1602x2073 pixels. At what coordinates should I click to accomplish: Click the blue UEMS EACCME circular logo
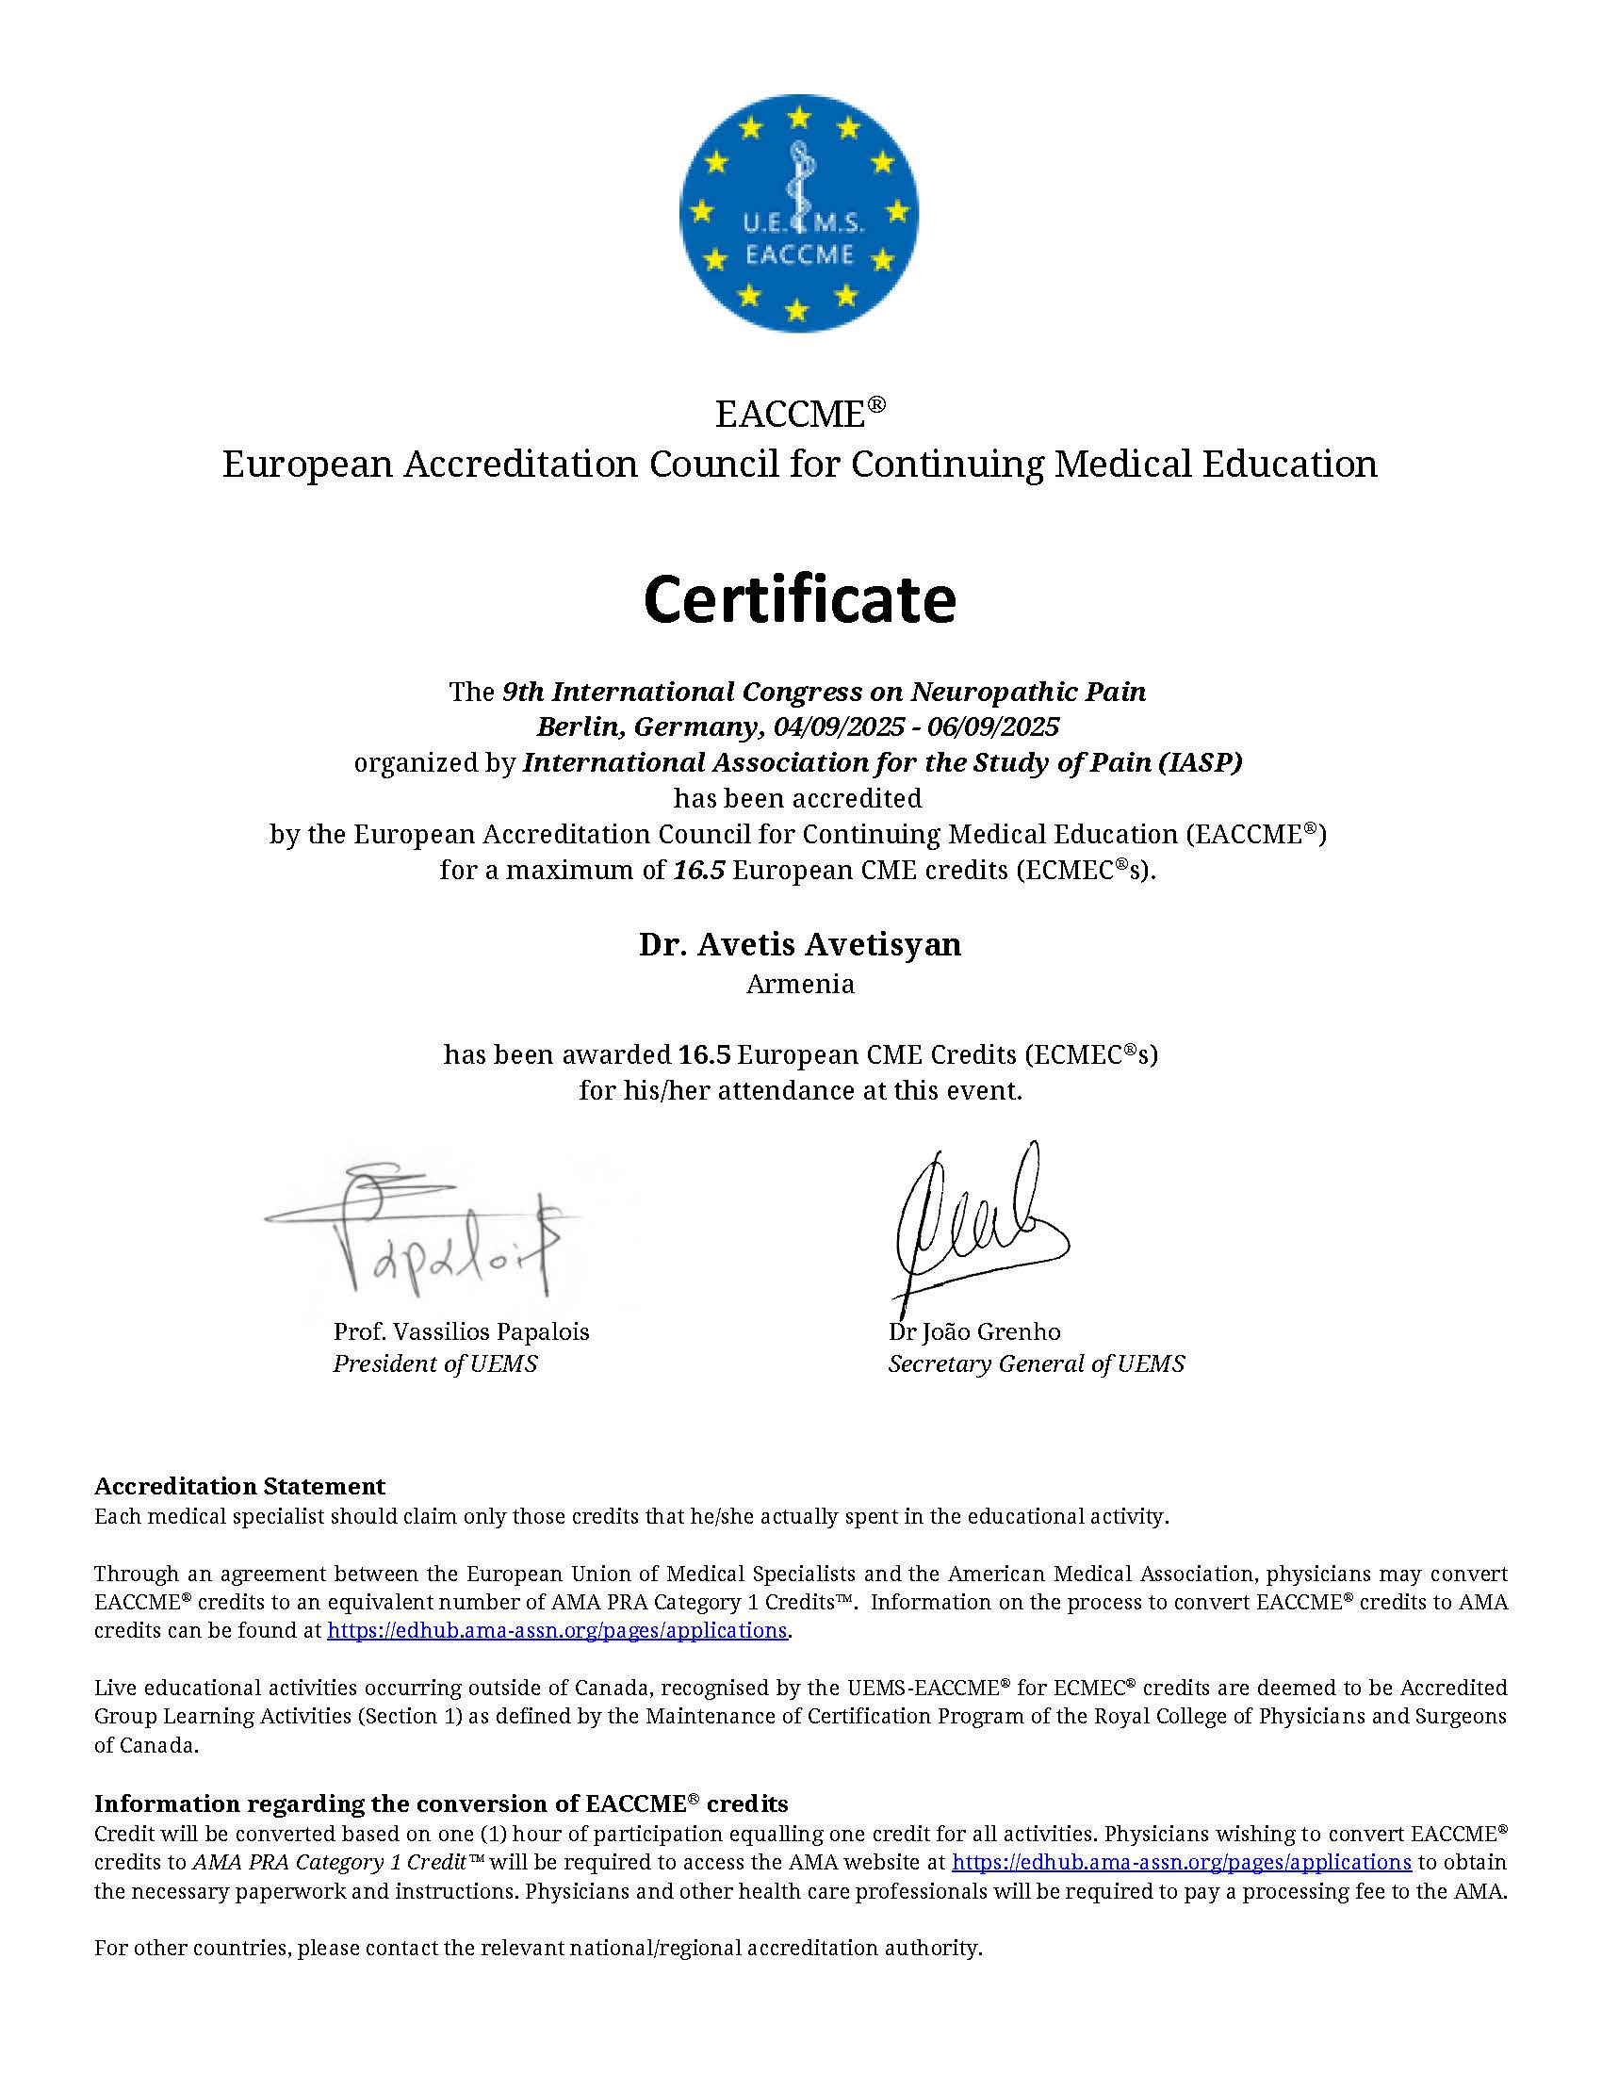tap(799, 213)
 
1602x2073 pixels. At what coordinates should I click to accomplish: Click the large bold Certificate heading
tap(799, 600)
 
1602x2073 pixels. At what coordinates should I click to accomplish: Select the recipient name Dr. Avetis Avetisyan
tap(799, 944)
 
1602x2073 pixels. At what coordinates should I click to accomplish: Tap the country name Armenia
tap(800, 985)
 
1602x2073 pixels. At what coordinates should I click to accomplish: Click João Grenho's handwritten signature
tap(977, 1219)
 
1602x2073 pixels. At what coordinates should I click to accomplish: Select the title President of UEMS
tap(434, 1364)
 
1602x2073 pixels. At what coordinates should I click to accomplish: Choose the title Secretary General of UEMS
tap(1036, 1364)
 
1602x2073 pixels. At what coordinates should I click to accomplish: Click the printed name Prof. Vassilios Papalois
tap(461, 1331)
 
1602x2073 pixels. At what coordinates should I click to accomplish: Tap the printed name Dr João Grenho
tap(973, 1331)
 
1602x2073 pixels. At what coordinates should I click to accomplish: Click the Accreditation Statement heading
tap(239, 1485)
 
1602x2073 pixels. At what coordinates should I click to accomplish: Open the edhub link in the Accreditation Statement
tap(557, 1631)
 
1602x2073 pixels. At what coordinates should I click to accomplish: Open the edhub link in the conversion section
tap(1182, 1862)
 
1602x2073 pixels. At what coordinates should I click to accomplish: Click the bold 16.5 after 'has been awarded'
tap(704, 1054)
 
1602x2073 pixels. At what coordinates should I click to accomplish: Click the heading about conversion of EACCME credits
tap(441, 1804)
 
